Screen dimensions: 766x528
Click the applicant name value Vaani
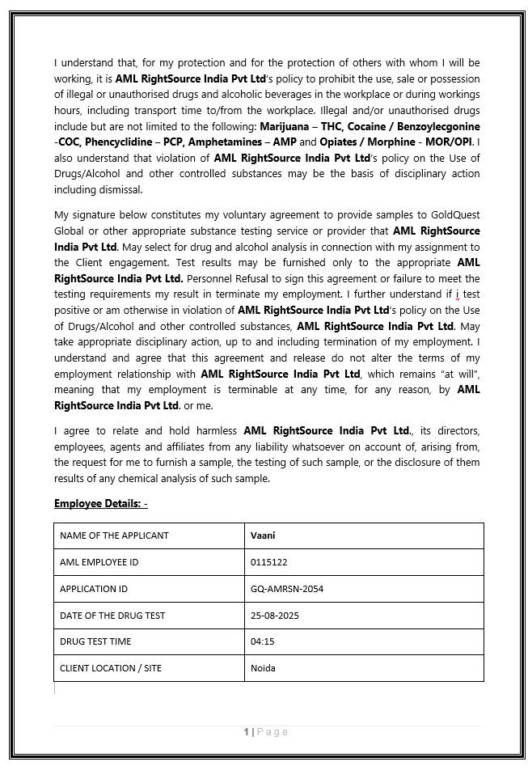pyautogui.click(x=264, y=535)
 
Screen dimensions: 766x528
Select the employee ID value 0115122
pyautogui.click(x=269, y=562)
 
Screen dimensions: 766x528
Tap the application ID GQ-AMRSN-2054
pyautogui.click(x=287, y=589)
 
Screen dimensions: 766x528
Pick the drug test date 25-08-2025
pyautogui.click(x=275, y=616)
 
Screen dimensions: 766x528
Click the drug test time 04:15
pyautogui.click(x=262, y=641)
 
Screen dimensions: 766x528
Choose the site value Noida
pyautogui.click(x=264, y=668)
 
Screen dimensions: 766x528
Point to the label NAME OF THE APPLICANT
pyautogui.click(x=114, y=535)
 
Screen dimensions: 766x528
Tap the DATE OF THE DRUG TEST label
pyautogui.click(x=112, y=616)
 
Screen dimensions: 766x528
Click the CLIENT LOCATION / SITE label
pyautogui.click(x=111, y=668)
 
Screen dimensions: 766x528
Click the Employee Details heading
pyautogui.click(x=100, y=504)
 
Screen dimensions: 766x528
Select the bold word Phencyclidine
pyautogui.click(x=120, y=142)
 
